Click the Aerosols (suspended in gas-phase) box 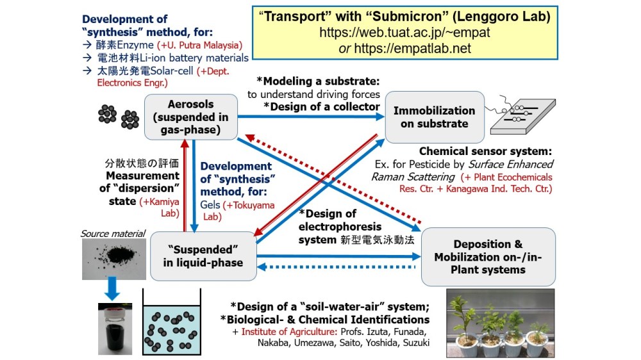190,117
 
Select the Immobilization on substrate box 434,117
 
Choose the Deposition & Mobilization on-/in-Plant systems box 488,256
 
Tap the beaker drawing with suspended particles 171,326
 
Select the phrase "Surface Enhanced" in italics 522,165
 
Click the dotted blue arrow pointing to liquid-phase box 337,267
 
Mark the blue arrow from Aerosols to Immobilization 310,116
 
